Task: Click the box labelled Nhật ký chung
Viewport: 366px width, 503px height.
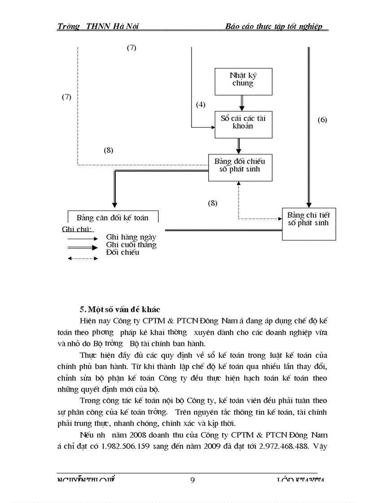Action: coord(243,81)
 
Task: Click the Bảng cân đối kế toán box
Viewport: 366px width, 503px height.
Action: coord(112,218)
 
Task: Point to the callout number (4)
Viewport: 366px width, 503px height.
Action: coord(200,105)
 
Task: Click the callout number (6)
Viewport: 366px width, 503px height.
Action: coord(322,120)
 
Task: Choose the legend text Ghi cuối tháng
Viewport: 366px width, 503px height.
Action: coord(131,245)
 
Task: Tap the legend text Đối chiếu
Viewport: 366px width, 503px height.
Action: coord(122,253)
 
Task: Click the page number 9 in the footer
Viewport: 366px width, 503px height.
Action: coord(192,480)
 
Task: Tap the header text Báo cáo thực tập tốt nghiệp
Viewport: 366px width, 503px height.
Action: coord(274,26)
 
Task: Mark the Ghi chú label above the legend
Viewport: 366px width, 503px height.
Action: coord(77,230)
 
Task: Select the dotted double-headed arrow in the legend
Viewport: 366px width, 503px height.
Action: coord(83,258)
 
